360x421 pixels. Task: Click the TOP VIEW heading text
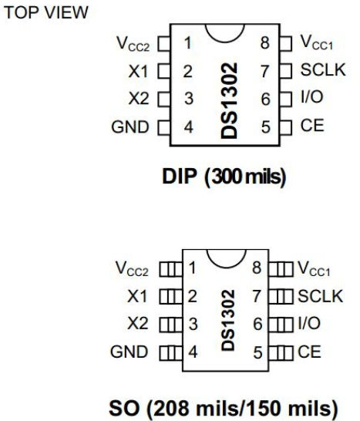point(46,12)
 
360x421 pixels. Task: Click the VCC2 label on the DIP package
point(133,44)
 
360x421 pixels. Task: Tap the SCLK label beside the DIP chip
point(323,70)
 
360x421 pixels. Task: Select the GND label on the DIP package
point(130,127)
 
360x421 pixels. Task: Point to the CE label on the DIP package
point(312,126)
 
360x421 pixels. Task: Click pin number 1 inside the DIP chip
point(188,43)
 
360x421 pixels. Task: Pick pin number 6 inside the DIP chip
point(265,99)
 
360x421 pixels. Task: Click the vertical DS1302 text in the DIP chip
point(229,101)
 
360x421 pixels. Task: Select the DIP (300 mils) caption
point(224,177)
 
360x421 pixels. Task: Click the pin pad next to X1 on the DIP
point(163,71)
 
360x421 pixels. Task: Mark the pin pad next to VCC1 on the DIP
point(286,43)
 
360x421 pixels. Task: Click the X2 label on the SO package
point(137,323)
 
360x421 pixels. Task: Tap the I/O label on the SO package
point(309,323)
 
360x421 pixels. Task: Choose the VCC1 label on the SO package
point(314,269)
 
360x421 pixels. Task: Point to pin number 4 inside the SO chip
point(193,352)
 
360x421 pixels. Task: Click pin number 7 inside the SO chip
point(257,296)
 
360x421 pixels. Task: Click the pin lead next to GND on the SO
point(170,353)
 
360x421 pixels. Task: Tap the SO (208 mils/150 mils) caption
point(224,408)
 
